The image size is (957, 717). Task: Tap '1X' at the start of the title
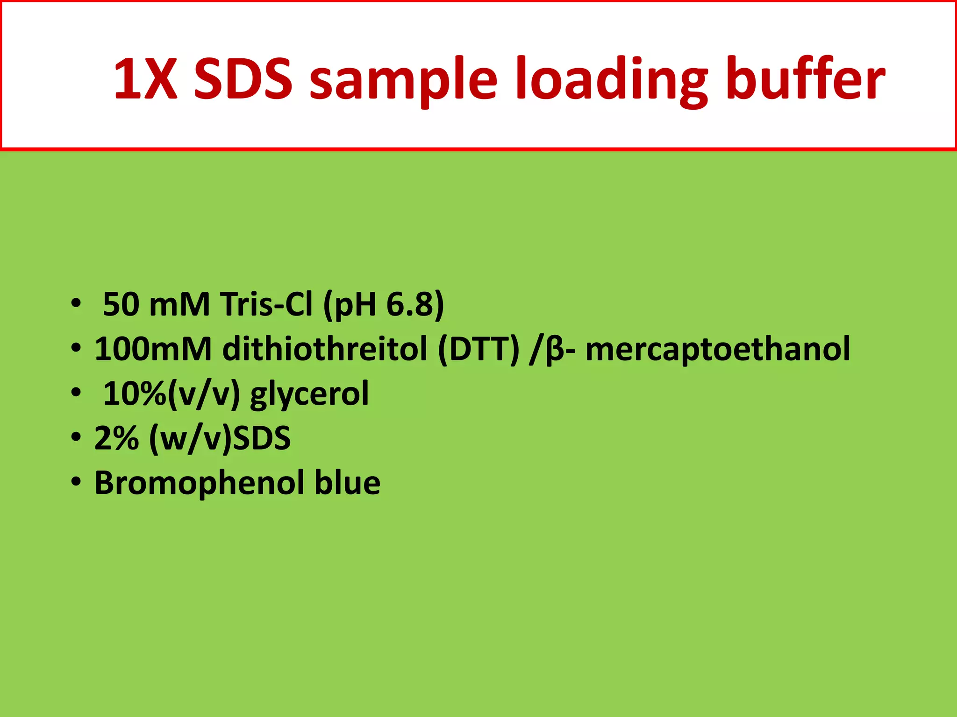145,78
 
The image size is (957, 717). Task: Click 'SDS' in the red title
243,78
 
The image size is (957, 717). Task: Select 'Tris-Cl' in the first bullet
266,305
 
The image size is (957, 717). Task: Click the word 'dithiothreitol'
325,349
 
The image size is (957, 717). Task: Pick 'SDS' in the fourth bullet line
262,438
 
